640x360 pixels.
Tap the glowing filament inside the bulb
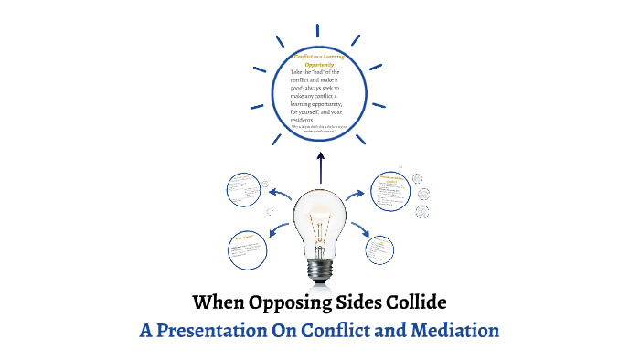click(319, 225)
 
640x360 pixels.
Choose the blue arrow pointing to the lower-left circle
click(277, 230)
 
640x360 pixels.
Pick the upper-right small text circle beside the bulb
click(394, 193)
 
